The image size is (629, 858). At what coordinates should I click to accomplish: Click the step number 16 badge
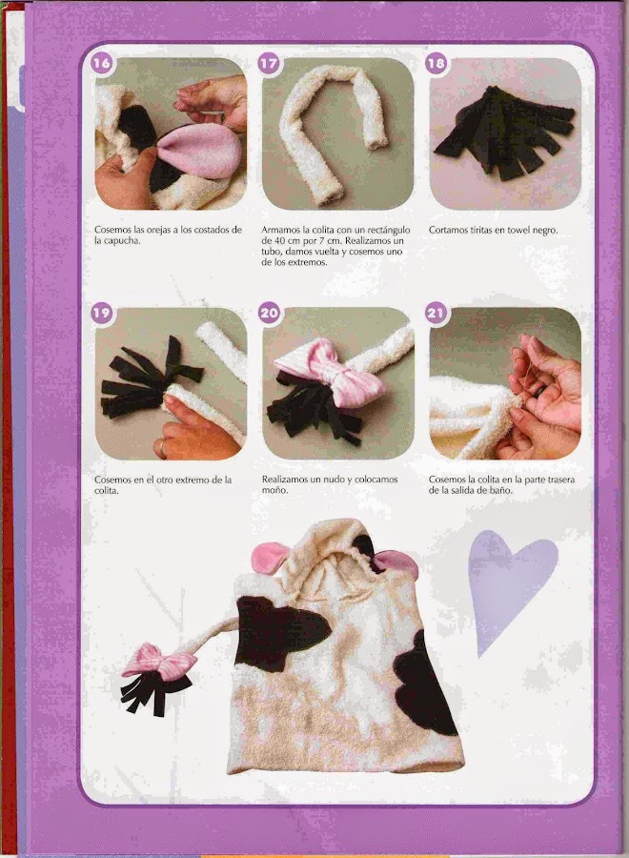[101, 63]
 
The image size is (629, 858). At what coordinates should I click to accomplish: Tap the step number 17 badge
[269, 63]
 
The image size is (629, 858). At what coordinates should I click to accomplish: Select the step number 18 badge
[436, 63]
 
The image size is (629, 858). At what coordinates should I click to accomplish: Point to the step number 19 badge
[101, 313]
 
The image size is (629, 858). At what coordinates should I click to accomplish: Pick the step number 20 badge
[269, 313]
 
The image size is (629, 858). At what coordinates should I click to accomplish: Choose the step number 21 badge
[436, 313]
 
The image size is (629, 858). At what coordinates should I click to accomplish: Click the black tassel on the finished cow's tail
[153, 692]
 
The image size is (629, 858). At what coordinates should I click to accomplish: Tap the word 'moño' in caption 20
[274, 490]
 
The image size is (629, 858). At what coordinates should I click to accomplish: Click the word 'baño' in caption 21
[500, 490]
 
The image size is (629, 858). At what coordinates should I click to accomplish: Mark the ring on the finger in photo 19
[161, 448]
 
